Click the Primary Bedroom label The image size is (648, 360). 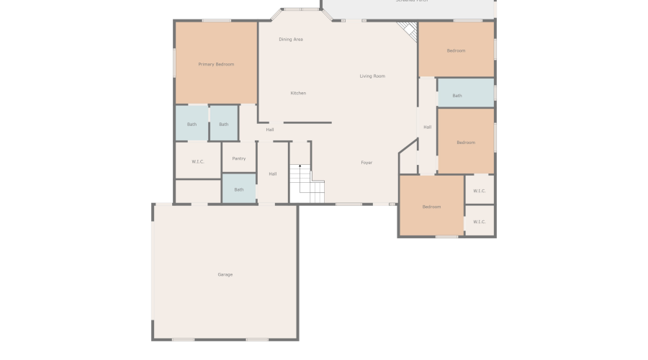click(x=216, y=65)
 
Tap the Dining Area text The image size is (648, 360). click(x=291, y=40)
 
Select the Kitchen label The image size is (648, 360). click(x=298, y=93)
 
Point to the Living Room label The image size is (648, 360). click(x=372, y=76)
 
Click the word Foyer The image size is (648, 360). click(x=366, y=163)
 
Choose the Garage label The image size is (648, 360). click(x=225, y=274)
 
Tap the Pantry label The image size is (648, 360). click(x=239, y=158)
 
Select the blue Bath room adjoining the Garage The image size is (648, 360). click(x=239, y=189)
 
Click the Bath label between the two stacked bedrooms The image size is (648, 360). click(x=457, y=96)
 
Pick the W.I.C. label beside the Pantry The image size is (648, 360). click(x=198, y=162)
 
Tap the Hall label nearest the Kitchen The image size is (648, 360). click(x=270, y=130)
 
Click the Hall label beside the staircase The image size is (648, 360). click(x=273, y=174)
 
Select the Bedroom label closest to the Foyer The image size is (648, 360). click(x=431, y=207)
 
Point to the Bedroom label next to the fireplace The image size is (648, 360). click(x=456, y=51)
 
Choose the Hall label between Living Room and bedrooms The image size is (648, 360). click(x=428, y=127)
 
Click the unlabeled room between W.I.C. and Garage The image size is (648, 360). click(x=197, y=192)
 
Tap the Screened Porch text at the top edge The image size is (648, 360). click(x=411, y=1)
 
